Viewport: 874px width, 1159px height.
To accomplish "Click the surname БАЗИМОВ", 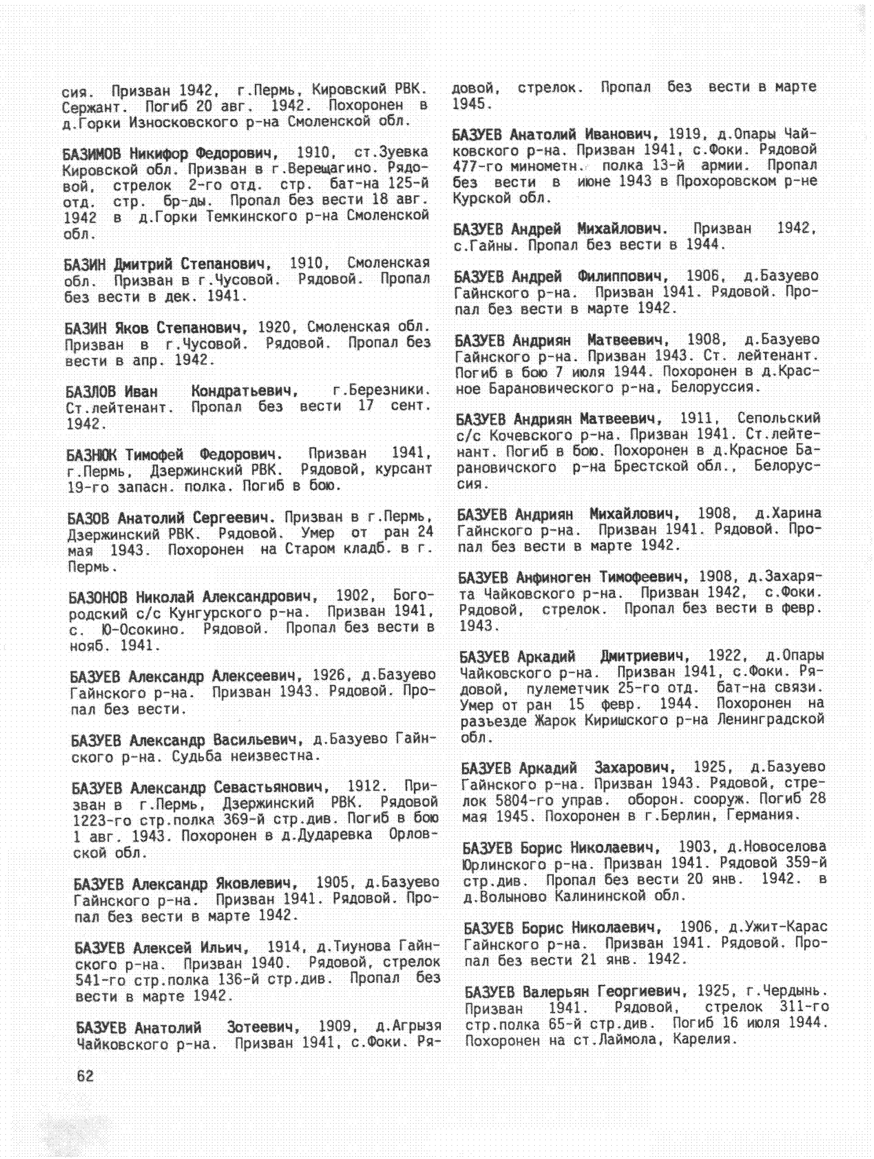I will click(93, 154).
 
